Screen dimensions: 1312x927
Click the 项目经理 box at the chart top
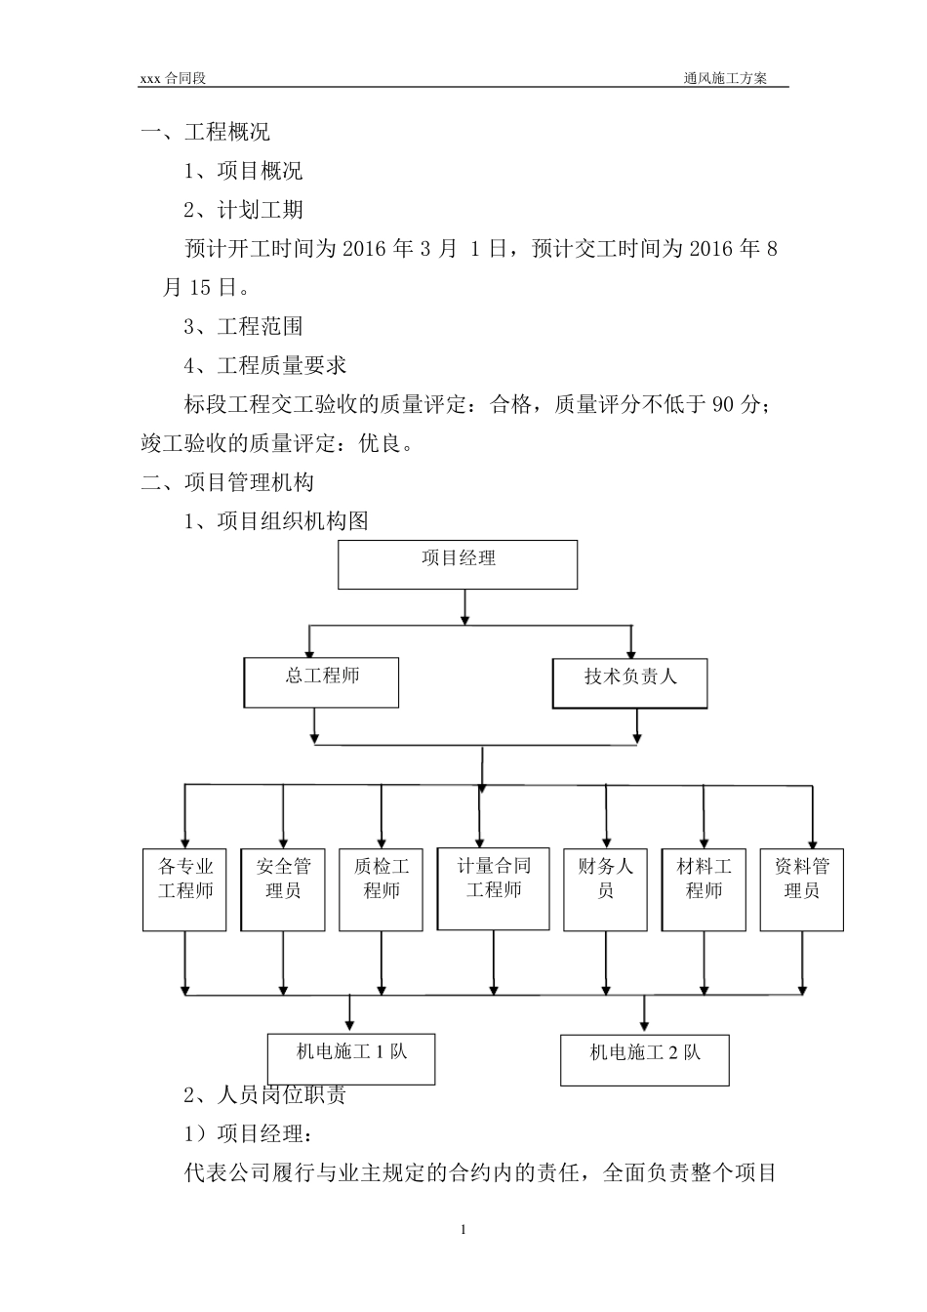coord(458,564)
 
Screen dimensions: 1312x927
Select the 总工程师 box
coord(321,681)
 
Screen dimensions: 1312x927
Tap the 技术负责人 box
coord(629,682)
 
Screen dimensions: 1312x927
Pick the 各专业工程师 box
coord(184,888)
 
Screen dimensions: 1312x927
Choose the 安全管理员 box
coord(283,888)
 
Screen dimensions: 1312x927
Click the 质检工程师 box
coord(381,888)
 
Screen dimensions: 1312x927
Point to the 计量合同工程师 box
coord(494,886)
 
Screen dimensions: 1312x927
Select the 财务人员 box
coord(605,888)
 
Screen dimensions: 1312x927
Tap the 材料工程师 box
coord(704,888)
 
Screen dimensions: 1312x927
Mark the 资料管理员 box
coord(801,888)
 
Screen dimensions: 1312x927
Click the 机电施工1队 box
coord(351,1058)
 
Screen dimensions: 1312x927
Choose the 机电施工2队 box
coord(644,1059)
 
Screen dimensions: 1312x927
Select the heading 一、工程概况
coord(206,132)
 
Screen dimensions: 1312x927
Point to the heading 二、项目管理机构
coord(227,482)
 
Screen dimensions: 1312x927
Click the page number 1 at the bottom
coord(463,1229)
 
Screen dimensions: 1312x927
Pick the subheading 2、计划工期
coord(244,210)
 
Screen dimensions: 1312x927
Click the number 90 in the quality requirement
coord(724,405)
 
